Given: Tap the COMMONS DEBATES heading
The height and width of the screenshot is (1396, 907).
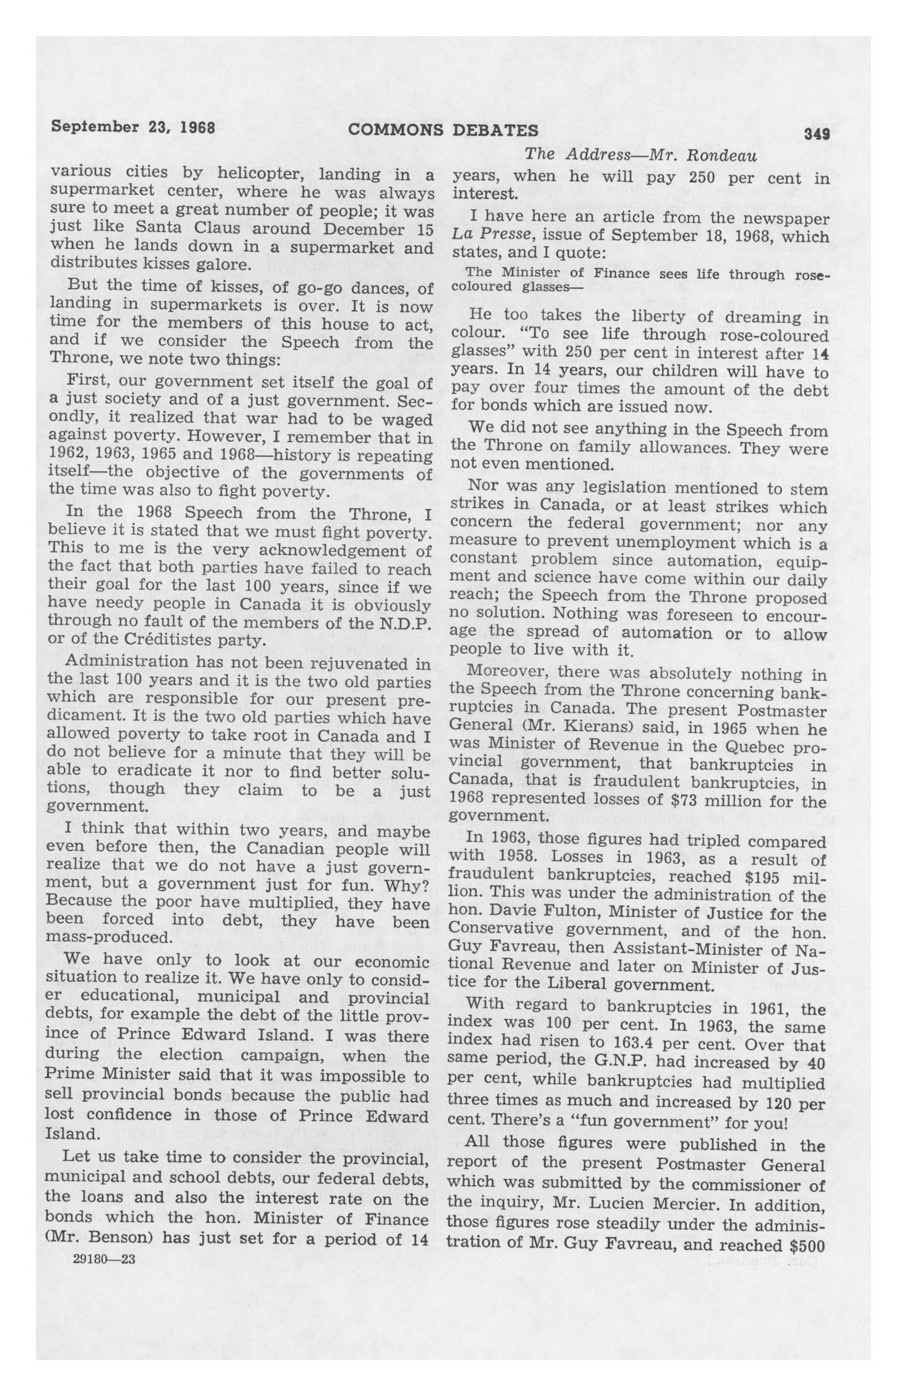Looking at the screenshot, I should click(443, 130).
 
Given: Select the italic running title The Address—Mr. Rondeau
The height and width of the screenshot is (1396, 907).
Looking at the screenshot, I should click(640, 156).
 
